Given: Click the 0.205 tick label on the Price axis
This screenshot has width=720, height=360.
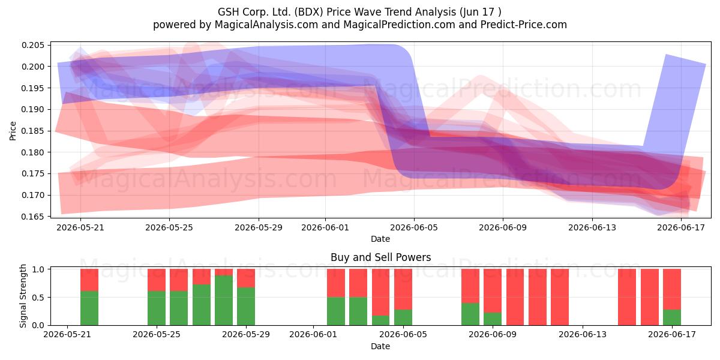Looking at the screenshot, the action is tap(33, 45).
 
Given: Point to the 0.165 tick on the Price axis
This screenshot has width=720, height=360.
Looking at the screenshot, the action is tap(33, 217).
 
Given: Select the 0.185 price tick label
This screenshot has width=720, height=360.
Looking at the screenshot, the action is tap(33, 131).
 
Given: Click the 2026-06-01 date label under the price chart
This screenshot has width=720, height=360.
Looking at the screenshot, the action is tap(325, 227).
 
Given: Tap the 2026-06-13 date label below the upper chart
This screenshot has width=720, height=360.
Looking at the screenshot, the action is tap(592, 227).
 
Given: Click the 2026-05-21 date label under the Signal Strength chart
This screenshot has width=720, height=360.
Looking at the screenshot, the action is tap(67, 335).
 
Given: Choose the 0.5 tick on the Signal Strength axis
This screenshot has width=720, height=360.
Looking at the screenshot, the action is tap(38, 298).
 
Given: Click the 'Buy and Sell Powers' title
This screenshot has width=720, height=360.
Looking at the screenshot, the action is tap(380, 257).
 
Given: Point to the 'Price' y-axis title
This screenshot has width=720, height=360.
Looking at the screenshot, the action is tap(13, 131).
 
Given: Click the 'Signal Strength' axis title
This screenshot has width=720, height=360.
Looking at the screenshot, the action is tap(23, 296).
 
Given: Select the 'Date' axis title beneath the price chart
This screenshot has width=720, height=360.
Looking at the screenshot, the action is tap(380, 239).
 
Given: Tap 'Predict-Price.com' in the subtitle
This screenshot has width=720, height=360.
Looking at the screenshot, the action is tap(524, 25).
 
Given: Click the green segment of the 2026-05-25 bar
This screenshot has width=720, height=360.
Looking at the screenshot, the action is tap(157, 308).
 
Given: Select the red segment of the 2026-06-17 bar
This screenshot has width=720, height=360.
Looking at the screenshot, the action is tap(672, 289).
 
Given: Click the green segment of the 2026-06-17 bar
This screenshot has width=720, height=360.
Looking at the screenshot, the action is tap(672, 317).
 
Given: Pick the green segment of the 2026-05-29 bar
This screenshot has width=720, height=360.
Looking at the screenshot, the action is tap(246, 307).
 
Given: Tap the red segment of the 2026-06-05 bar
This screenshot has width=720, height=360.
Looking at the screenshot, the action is tap(403, 289).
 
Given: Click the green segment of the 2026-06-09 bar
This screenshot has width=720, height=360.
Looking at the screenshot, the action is tap(493, 319).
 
